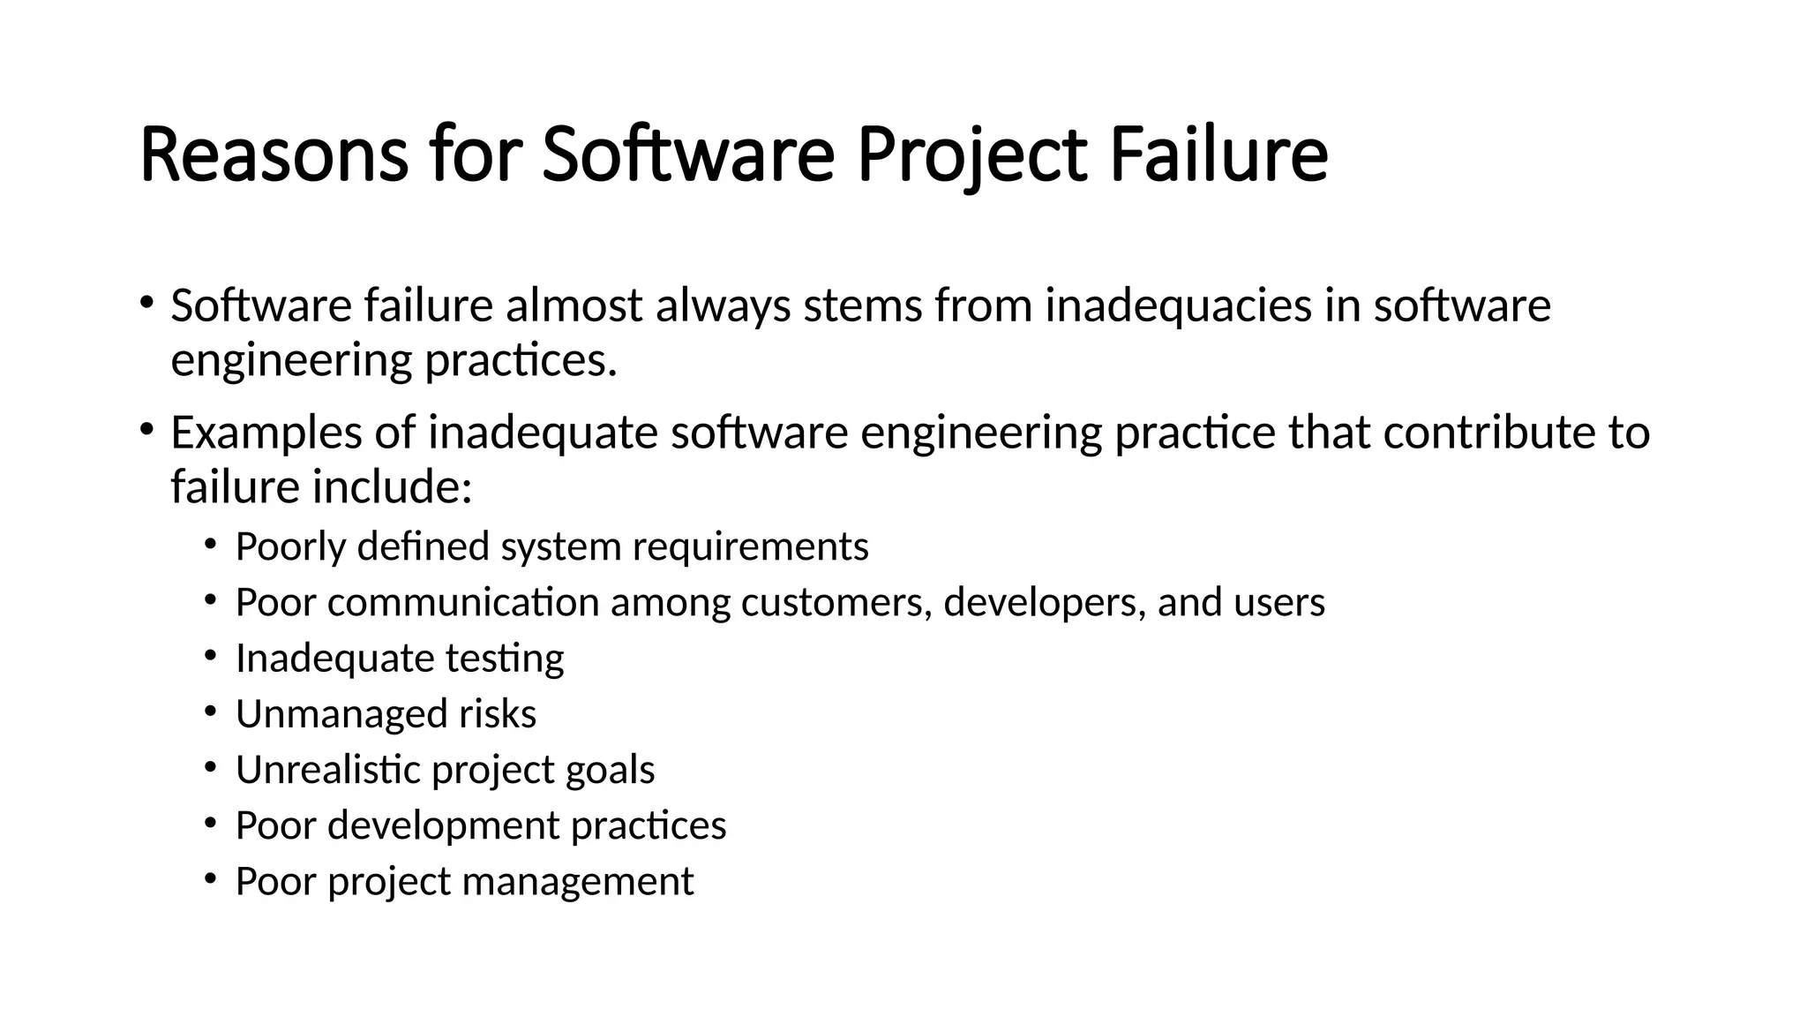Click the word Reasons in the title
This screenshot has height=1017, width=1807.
point(274,156)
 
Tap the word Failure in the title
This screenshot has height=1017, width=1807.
point(1218,156)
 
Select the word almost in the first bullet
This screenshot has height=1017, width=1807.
point(574,305)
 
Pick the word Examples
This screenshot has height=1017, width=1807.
point(266,433)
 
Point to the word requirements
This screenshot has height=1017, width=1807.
point(751,546)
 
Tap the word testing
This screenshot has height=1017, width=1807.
point(504,659)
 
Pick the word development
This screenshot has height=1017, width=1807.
point(443,825)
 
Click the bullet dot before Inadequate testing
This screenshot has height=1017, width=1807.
point(209,655)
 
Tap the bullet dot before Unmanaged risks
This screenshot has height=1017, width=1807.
point(209,711)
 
